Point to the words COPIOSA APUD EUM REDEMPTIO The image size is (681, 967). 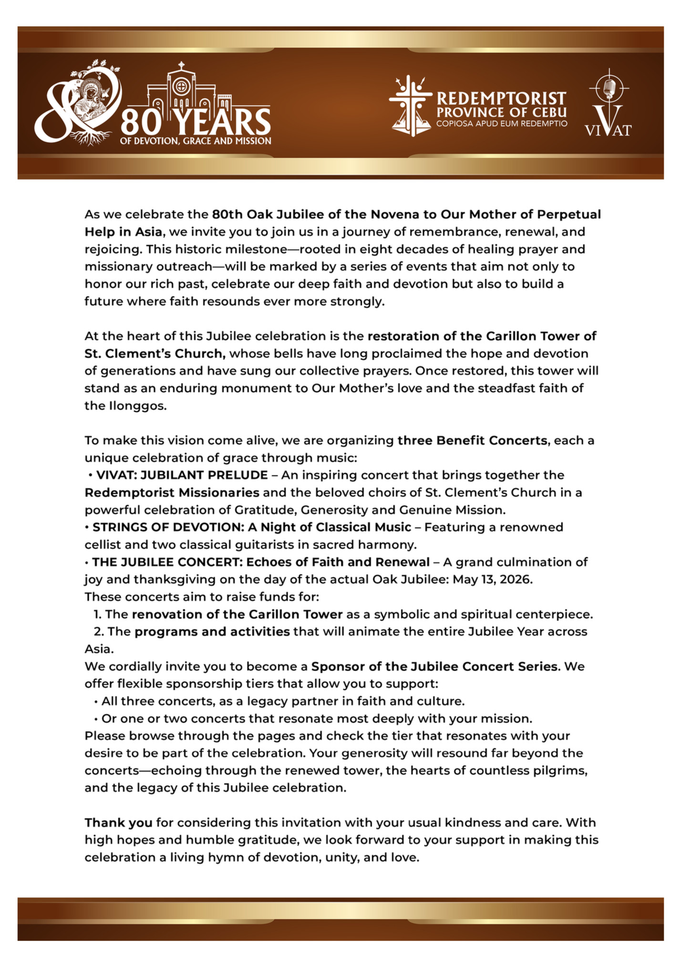pyautogui.click(x=502, y=124)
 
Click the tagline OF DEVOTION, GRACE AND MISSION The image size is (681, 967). pyautogui.click(x=196, y=141)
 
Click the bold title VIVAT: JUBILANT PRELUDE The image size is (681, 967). pyautogui.click(x=182, y=475)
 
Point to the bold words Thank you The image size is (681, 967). pyautogui.click(x=118, y=823)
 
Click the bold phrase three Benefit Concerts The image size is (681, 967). pyautogui.click(x=472, y=440)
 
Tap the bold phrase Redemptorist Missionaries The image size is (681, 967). pyautogui.click(x=172, y=492)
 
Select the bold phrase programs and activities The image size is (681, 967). pyautogui.click(x=212, y=631)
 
